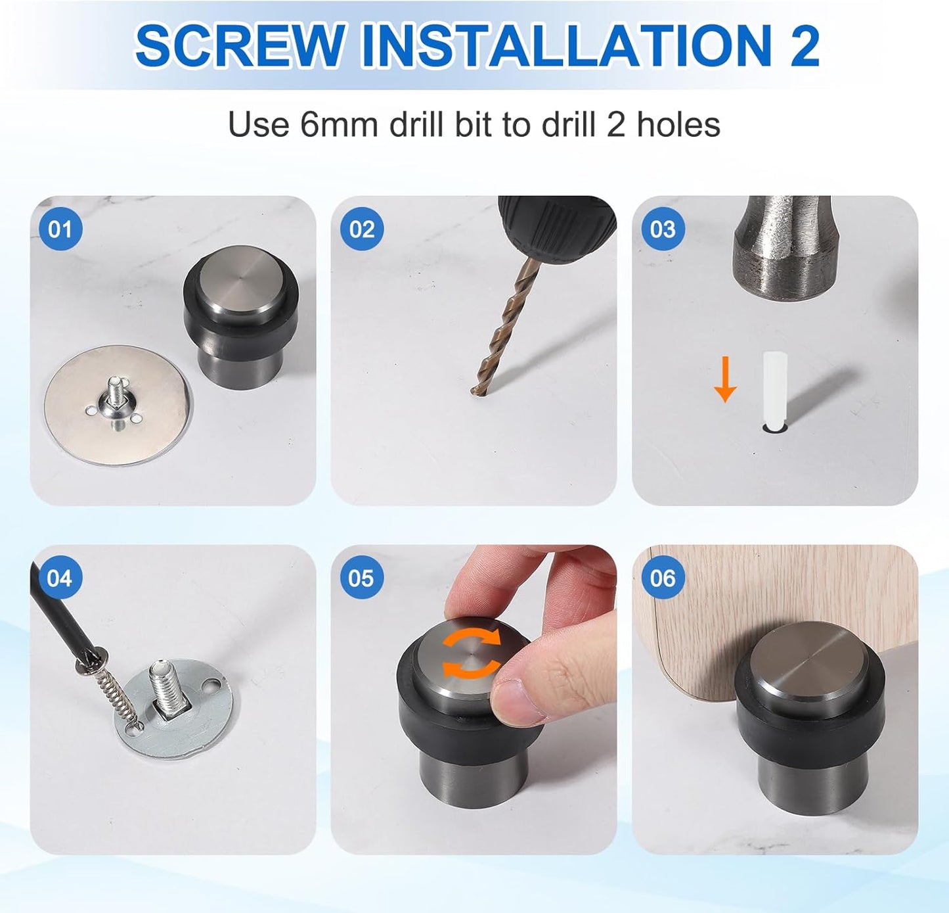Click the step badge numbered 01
(x=60, y=229)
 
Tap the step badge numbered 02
(x=361, y=229)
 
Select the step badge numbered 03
(x=662, y=229)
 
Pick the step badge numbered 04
(x=60, y=578)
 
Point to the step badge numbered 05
(x=361, y=578)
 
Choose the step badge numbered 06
(x=662, y=578)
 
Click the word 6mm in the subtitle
(x=339, y=124)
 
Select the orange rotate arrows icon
(x=471, y=653)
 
